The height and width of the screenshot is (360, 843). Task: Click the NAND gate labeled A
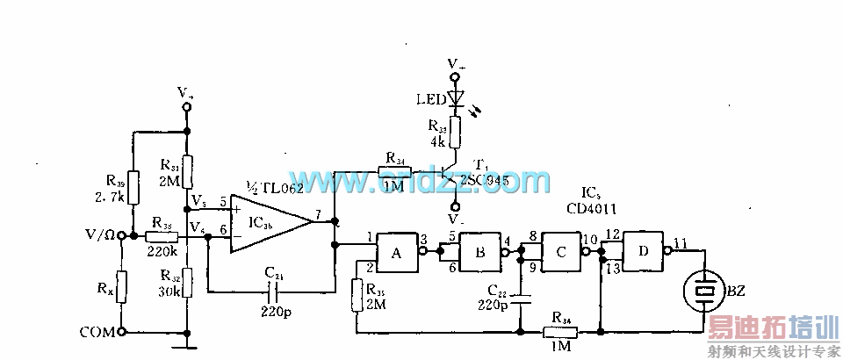[x=396, y=251]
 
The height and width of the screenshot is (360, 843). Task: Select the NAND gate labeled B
[x=479, y=251]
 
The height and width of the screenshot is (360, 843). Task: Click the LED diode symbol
[x=454, y=98]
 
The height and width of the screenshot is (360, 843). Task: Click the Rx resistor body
[x=122, y=286]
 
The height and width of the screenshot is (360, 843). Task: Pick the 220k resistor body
[x=161, y=236]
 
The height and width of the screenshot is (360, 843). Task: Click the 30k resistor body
[x=186, y=284]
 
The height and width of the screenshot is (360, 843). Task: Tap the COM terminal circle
[x=122, y=332]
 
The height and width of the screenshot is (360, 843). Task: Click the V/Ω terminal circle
[x=122, y=236]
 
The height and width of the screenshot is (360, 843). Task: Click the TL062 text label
[x=277, y=187]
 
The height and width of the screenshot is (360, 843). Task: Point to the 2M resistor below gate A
[x=356, y=295]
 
